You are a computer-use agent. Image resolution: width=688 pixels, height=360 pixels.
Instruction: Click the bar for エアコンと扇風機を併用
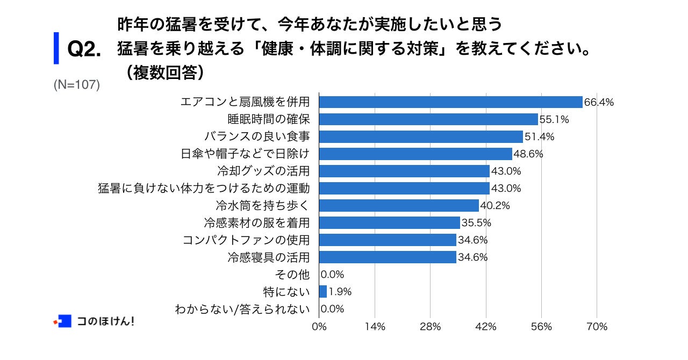tap(450, 102)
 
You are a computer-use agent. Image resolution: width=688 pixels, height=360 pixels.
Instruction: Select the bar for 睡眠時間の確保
tap(428, 119)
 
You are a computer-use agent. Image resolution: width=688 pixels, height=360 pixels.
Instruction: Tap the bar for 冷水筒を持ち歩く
tap(399, 205)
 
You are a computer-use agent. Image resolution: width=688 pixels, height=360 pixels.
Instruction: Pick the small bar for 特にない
tap(323, 291)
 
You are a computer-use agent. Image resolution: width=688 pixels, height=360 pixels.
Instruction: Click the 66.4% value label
tap(599, 102)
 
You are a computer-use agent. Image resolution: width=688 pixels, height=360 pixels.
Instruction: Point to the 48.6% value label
tap(528, 154)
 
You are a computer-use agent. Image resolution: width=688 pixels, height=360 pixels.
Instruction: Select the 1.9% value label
tap(340, 292)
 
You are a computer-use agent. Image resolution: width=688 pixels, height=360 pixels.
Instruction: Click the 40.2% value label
tap(494, 205)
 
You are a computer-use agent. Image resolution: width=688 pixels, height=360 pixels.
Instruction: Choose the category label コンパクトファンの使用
tap(246, 240)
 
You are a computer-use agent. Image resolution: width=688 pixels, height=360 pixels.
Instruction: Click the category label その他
tap(292, 274)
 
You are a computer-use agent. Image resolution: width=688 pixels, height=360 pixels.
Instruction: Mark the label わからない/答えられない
tap(242, 309)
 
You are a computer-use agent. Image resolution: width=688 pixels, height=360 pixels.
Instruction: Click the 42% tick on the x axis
tap(486, 327)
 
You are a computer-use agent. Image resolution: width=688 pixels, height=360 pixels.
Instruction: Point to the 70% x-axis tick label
tap(597, 327)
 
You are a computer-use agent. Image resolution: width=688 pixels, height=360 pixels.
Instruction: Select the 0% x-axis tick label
tap(319, 327)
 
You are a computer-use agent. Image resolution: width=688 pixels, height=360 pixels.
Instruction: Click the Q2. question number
tap(84, 50)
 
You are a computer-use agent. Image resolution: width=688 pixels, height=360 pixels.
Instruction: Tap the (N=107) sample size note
tap(77, 85)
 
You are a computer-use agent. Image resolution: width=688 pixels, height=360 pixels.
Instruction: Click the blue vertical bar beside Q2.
tap(56, 48)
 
